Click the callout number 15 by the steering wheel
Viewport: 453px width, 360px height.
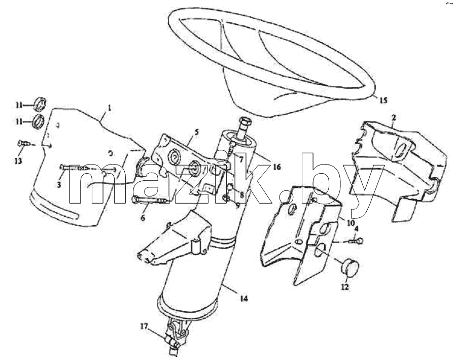coord(383,101)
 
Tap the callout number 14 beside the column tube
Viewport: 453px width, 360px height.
coord(244,299)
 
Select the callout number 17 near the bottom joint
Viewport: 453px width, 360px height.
coord(144,326)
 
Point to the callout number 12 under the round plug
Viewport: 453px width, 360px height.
coord(344,287)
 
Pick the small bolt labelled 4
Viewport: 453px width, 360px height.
coord(357,240)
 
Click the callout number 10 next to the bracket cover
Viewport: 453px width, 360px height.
coord(351,223)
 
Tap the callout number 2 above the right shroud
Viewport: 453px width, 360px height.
coord(394,118)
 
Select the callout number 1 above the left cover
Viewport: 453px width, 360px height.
coord(110,108)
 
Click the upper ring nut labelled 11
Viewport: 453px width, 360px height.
coord(40,104)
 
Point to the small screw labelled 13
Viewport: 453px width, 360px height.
coord(24,143)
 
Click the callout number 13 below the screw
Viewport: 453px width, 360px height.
coord(18,161)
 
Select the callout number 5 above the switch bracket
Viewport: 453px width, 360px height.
coord(196,132)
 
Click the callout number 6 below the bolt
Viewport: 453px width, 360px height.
coord(143,218)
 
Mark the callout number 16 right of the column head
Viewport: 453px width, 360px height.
coord(276,167)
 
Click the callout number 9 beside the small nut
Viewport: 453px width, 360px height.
coord(238,206)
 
